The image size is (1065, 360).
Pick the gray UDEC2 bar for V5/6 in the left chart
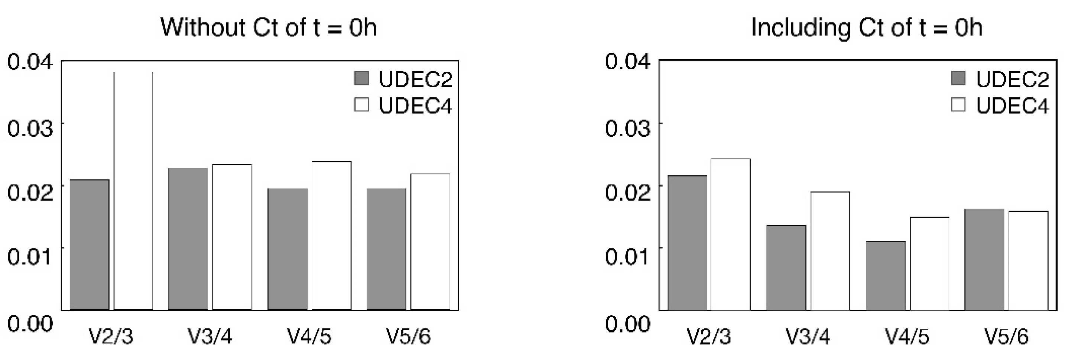(386, 249)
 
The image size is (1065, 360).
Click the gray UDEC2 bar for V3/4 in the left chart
(188, 239)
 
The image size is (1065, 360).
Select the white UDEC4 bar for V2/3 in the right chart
(730, 234)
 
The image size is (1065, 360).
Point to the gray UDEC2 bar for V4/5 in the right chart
(886, 275)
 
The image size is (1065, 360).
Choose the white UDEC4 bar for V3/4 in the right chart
(830, 251)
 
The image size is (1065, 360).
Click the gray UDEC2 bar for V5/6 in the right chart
(984, 259)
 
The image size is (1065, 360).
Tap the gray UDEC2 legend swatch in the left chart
(361, 78)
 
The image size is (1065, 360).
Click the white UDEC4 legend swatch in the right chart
(958, 105)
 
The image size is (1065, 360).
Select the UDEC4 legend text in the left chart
(415, 106)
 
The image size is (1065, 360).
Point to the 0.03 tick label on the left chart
(30, 129)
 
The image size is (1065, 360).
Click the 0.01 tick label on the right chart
(627, 256)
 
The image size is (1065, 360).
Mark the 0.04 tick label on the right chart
(627, 62)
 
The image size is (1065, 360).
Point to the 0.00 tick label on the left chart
(30, 323)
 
